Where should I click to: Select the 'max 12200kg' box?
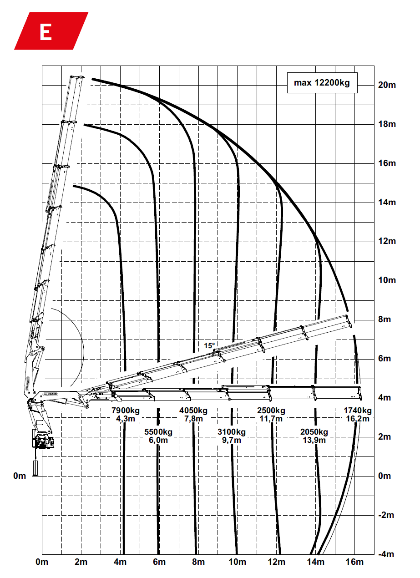click(322, 83)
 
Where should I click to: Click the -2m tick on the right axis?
click(386, 515)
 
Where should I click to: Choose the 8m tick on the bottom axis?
click(198, 562)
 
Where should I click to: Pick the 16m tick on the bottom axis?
click(354, 562)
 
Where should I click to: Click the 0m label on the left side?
click(20, 476)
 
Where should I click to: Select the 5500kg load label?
click(158, 432)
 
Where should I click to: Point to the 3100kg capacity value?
click(232, 432)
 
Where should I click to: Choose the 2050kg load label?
click(314, 432)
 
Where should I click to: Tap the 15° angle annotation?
click(209, 346)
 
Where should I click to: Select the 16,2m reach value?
click(357, 419)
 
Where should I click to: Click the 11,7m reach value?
click(271, 419)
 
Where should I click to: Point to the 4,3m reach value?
click(126, 419)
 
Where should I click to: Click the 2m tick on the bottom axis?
click(81, 562)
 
